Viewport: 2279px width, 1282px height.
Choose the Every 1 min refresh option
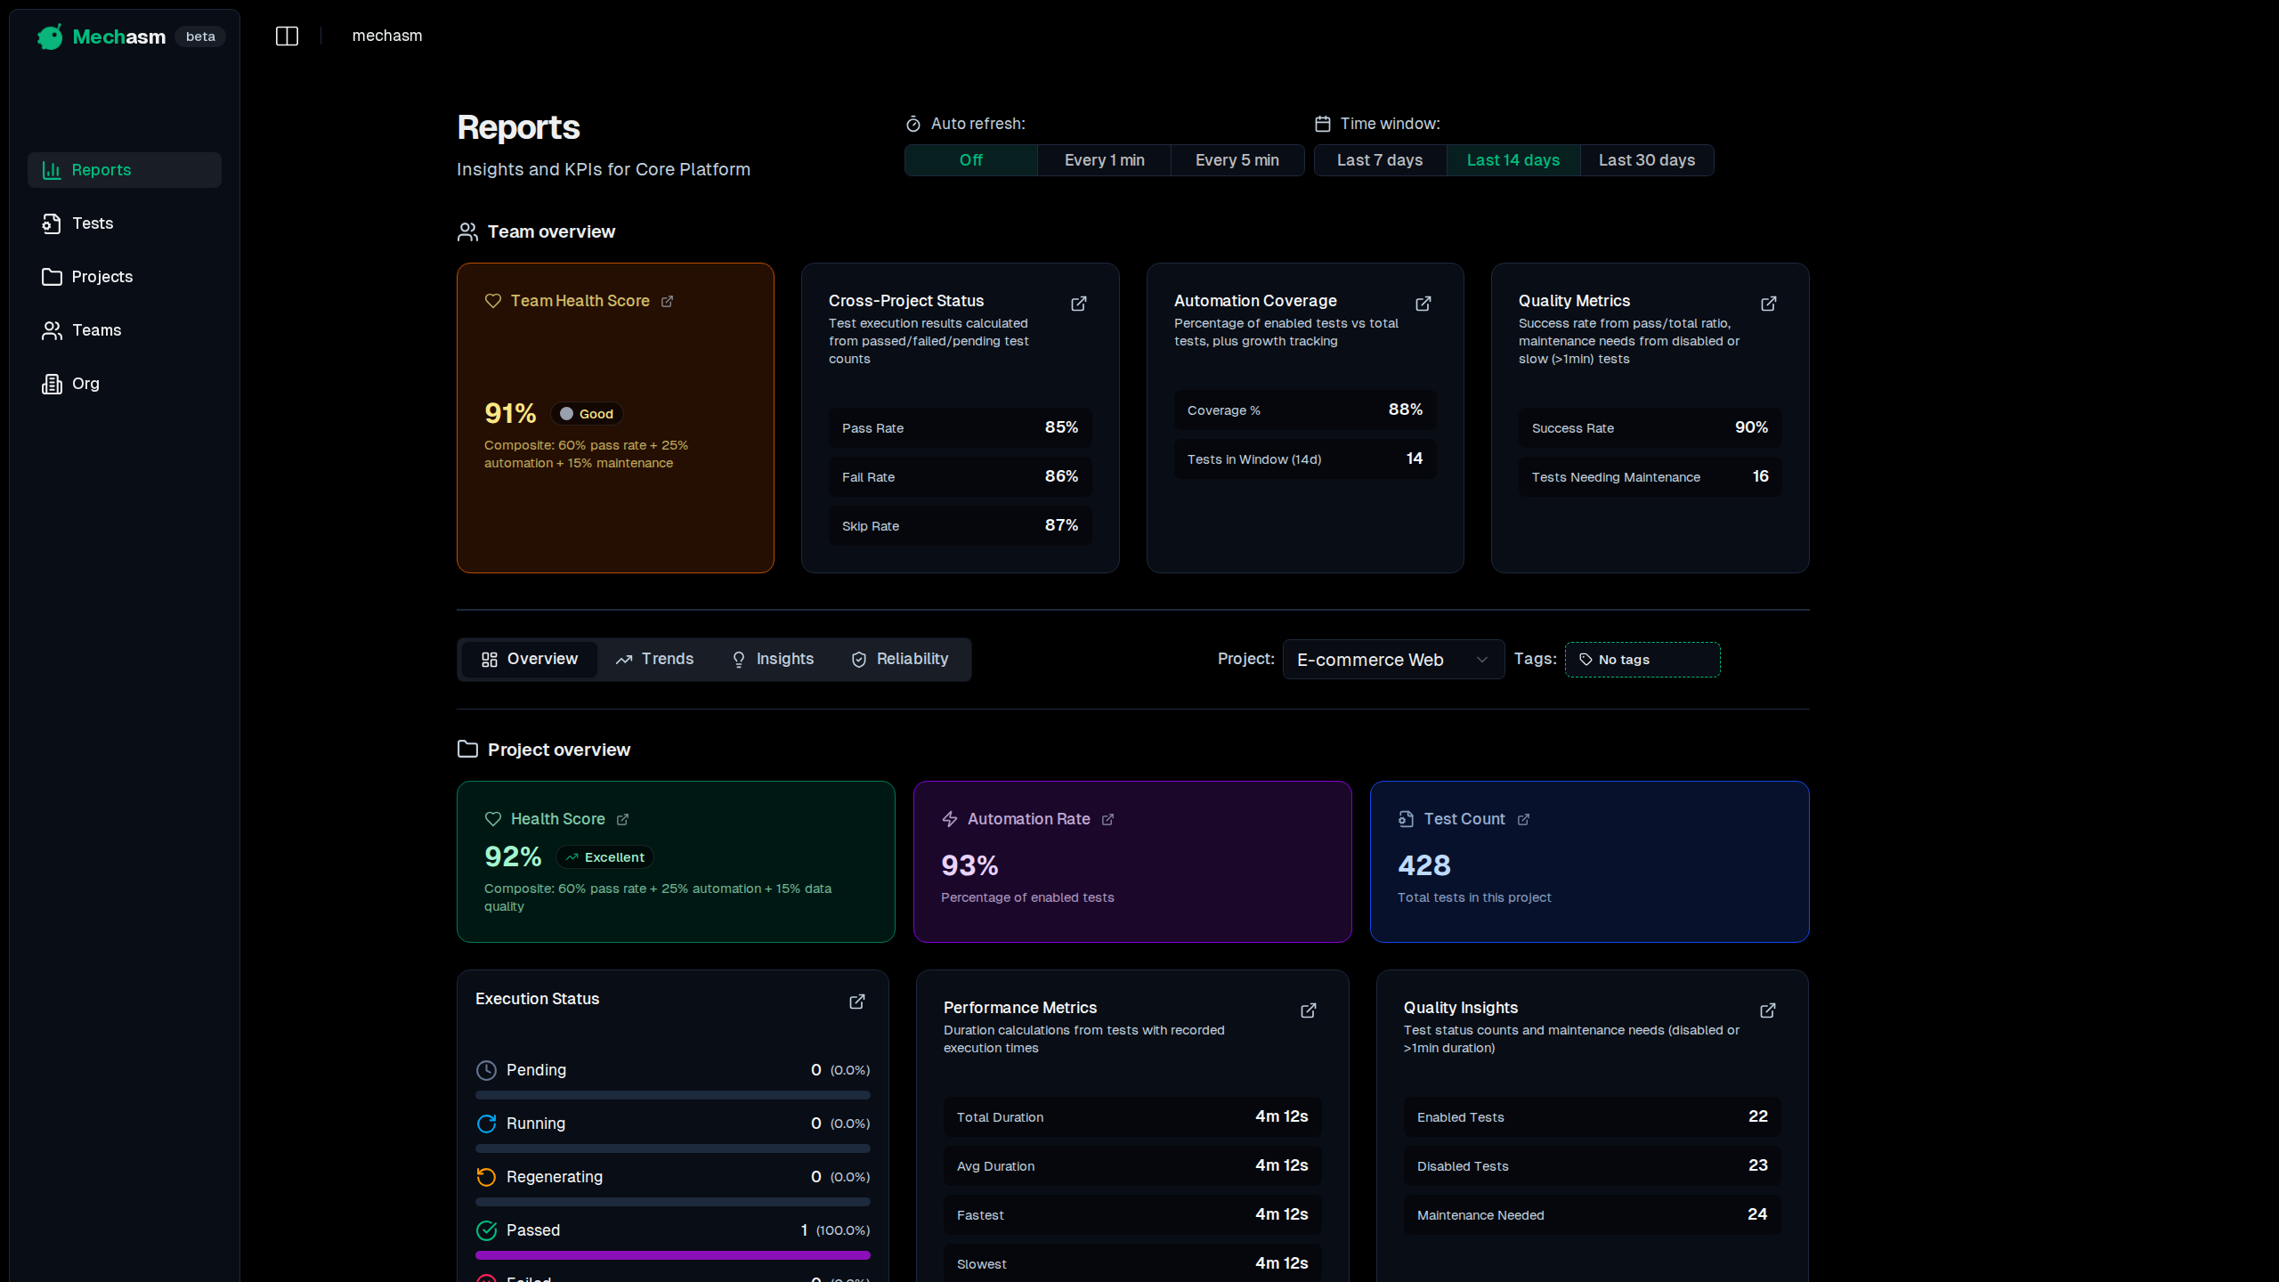[1104, 160]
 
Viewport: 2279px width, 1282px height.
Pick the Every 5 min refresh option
[1237, 160]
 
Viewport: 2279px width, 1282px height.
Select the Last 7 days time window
[1379, 160]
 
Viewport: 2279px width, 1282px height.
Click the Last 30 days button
[1646, 160]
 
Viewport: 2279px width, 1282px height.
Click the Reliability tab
[900, 660]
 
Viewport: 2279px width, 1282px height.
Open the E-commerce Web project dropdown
[1392, 660]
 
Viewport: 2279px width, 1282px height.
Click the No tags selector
[1642, 660]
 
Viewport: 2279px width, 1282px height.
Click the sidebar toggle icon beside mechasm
[287, 37]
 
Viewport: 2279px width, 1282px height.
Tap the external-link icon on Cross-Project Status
[1078, 304]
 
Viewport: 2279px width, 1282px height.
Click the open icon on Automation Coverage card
[1423, 304]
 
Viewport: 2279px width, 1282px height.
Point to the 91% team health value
[510, 414]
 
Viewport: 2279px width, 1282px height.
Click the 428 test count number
[1423, 865]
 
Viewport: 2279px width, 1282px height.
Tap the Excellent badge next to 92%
[605, 857]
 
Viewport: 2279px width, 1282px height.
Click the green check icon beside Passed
[486, 1230]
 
